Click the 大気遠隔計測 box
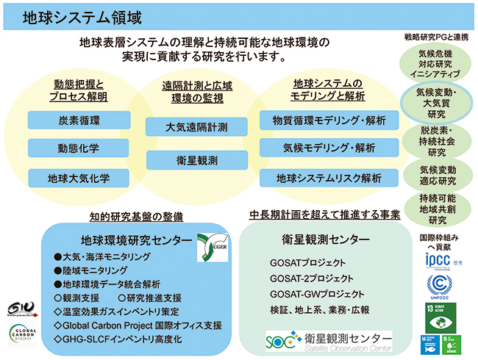click(x=196, y=126)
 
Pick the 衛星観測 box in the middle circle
click(x=196, y=159)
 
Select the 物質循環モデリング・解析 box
click(x=328, y=119)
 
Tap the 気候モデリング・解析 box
click(x=328, y=148)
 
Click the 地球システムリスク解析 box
click(x=328, y=178)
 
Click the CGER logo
click(x=212, y=248)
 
